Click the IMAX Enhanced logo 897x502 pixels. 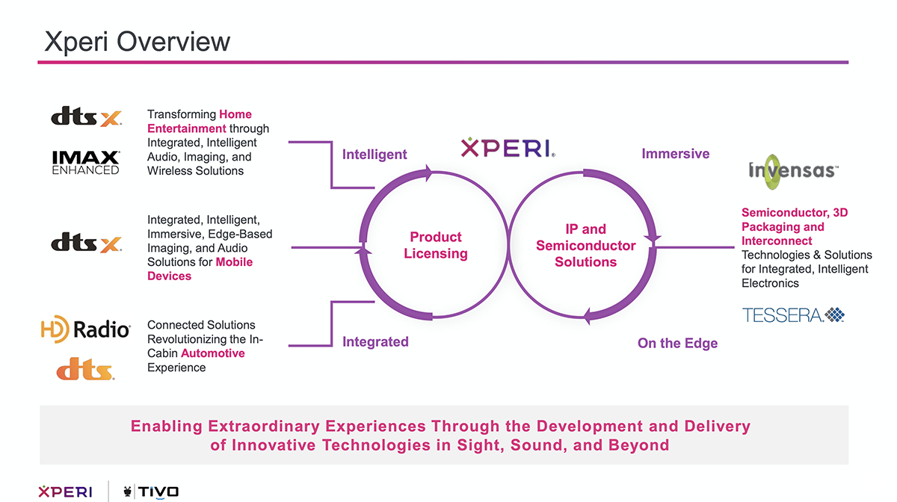click(x=86, y=163)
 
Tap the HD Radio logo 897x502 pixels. click(x=86, y=329)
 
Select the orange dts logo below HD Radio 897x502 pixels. click(x=85, y=369)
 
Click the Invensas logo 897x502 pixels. click(x=793, y=172)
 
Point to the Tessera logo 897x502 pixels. click(x=793, y=315)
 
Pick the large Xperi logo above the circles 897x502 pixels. click(x=508, y=148)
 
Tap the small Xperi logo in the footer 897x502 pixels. click(x=65, y=492)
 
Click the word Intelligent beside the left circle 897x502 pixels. click(x=374, y=154)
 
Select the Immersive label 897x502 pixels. click(x=676, y=154)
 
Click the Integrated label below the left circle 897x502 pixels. click(x=375, y=341)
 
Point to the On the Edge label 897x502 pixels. click(x=677, y=343)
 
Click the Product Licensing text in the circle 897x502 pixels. click(x=436, y=245)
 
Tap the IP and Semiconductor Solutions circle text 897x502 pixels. click(x=586, y=245)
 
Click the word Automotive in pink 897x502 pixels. click(x=212, y=353)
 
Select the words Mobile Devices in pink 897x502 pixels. click(x=200, y=269)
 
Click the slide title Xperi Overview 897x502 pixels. click(x=138, y=41)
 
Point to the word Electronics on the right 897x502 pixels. click(x=770, y=283)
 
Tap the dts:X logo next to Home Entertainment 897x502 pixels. click(x=86, y=117)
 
